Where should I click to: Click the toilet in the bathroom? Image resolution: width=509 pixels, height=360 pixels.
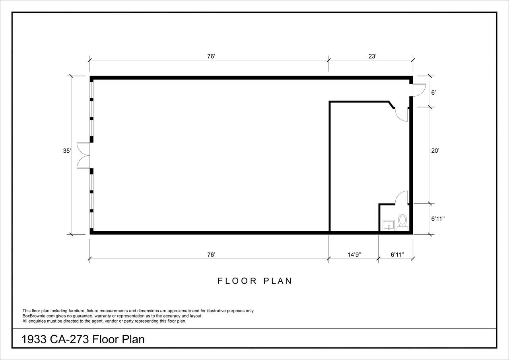point(402,222)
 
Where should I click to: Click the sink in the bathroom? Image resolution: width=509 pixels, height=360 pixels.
point(389,225)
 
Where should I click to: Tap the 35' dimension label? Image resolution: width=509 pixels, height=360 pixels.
point(67,151)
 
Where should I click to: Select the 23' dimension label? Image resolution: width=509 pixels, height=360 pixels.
point(373,56)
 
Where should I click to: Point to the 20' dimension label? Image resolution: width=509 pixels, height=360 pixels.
point(435,151)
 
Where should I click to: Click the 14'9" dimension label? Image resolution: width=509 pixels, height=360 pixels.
point(354,255)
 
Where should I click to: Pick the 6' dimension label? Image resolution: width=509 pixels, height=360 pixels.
point(433,93)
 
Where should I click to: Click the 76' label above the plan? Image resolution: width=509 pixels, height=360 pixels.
point(211,56)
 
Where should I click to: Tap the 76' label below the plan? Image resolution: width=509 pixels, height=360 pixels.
point(211,255)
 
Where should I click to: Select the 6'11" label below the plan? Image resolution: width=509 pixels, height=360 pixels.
point(397,255)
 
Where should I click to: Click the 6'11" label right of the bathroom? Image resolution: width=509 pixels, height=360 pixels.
point(438,219)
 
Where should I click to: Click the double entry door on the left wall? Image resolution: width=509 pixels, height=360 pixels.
point(83,156)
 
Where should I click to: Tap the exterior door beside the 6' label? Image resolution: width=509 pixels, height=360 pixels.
point(419,90)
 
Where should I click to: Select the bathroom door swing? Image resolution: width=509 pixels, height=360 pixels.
point(402,197)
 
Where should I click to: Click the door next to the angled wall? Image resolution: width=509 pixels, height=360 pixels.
point(402,115)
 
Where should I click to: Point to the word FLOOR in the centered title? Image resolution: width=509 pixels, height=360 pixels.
point(237,281)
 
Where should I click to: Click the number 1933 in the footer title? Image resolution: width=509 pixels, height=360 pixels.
point(34,339)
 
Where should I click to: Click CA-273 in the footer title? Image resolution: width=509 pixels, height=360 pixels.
point(69,339)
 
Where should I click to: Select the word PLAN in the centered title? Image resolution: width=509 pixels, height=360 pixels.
point(278,281)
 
